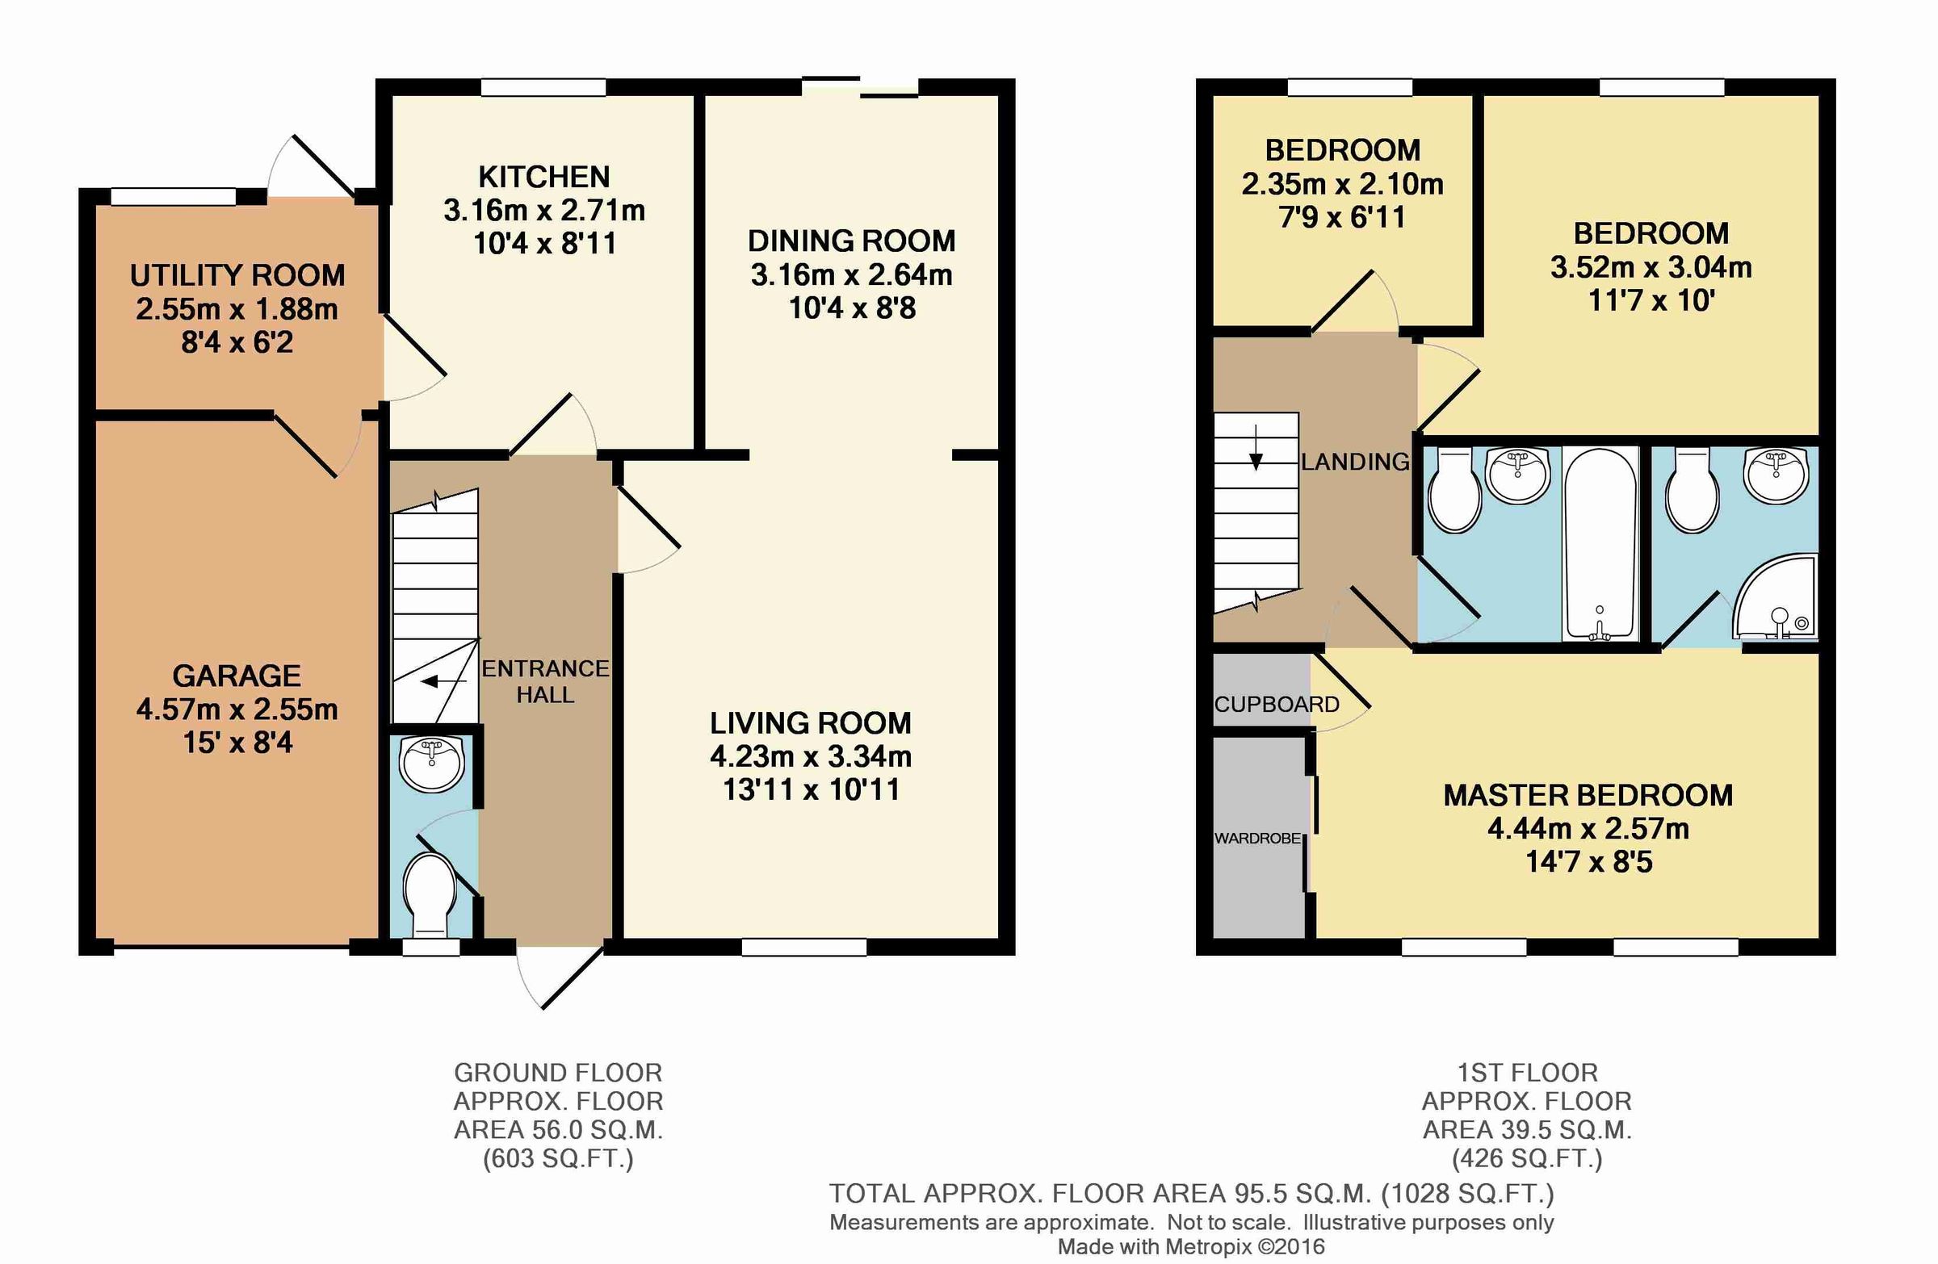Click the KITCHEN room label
point(543,177)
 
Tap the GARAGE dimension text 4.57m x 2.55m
point(237,709)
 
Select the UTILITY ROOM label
point(237,275)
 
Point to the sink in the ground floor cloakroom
point(431,764)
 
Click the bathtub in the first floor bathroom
point(1600,544)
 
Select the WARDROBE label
point(1257,839)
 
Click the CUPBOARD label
point(1276,704)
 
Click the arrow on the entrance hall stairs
point(438,682)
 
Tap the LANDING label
point(1354,462)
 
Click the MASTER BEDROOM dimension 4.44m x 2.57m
point(1588,829)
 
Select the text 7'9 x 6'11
point(1342,217)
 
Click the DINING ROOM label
point(851,241)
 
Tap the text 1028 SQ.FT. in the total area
point(1467,1193)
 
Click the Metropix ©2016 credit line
point(1190,1246)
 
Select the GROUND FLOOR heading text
point(558,1073)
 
